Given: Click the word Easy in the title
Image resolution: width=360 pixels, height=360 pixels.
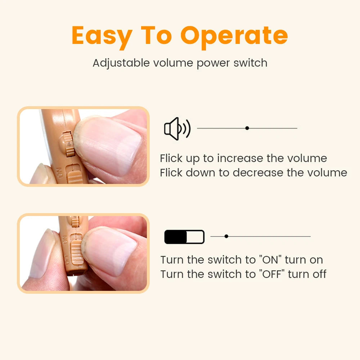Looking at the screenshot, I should pyautogui.click(x=102, y=36).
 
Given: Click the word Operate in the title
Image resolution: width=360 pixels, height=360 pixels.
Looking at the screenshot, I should pyautogui.click(x=234, y=36).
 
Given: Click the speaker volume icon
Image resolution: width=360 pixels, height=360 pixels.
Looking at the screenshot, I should pyautogui.click(x=177, y=129).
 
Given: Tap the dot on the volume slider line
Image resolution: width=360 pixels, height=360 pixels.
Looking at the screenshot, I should pyautogui.click(x=247, y=128).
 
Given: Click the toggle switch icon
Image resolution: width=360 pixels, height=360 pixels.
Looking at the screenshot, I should pyautogui.click(x=184, y=237).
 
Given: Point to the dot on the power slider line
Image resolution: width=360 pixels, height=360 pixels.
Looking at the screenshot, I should pyautogui.click(x=226, y=237).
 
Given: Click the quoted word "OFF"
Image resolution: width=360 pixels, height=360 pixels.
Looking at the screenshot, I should pyautogui.click(x=272, y=274).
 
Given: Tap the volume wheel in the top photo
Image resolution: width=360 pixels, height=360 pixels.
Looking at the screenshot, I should pyautogui.click(x=67, y=144).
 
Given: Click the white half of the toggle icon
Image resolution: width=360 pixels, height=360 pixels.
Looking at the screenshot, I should pyautogui.click(x=195, y=237).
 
